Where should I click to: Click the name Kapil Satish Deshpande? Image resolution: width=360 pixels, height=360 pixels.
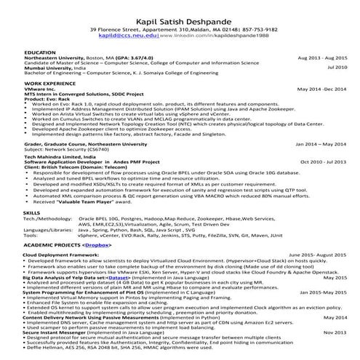click(x=180, y=17)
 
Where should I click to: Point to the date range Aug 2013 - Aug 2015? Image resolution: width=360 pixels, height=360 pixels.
click(x=322, y=60)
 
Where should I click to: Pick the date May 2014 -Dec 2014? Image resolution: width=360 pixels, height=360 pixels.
click(x=322, y=90)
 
